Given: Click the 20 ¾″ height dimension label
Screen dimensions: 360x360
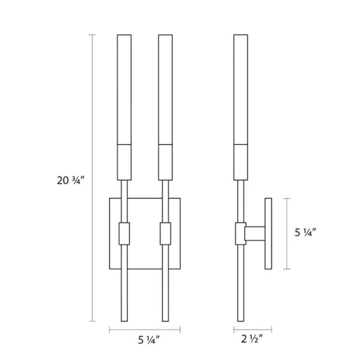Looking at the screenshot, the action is point(70,181).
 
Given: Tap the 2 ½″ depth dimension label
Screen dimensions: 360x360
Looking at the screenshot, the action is point(252,339).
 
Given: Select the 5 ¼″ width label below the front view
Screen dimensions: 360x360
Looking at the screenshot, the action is point(149,340).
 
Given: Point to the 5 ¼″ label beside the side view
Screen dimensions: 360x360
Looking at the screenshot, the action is point(306,233).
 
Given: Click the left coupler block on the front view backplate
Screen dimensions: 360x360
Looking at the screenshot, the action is point(124,233).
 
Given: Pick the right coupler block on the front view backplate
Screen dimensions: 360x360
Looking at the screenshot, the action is point(165,233).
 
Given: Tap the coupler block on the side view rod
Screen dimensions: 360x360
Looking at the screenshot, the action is point(240,233).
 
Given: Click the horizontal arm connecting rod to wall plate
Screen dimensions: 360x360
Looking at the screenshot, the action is point(255,233).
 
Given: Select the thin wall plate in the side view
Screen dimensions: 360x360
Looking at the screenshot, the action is point(269,233).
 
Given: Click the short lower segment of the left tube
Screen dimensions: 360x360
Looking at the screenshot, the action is point(124,162).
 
